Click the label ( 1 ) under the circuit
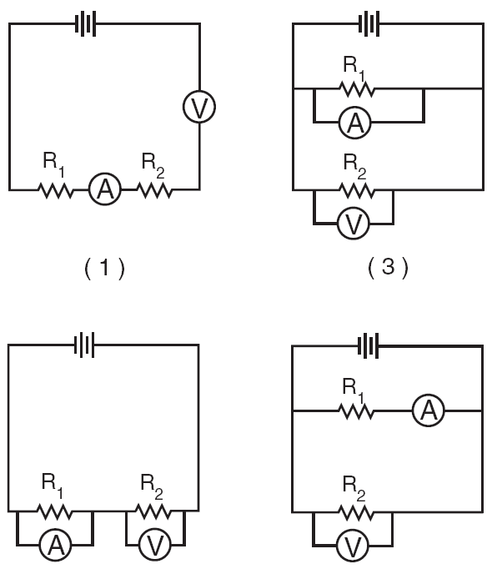click(x=104, y=268)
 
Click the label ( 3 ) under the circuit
click(x=388, y=268)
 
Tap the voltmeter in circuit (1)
click(x=199, y=106)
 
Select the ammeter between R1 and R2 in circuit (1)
click(x=105, y=189)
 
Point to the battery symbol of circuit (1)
click(x=86, y=24)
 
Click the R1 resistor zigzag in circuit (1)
click(x=56, y=189)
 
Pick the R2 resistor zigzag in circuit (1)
click(x=154, y=189)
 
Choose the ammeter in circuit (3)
click(x=355, y=123)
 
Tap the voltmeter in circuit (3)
click(x=354, y=224)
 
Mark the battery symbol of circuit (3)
click(x=369, y=24)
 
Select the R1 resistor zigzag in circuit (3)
click(x=357, y=89)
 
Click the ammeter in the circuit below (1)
click(x=55, y=544)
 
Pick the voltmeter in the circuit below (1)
click(x=155, y=544)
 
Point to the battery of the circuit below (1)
click(x=84, y=345)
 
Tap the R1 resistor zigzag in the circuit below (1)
click(x=54, y=511)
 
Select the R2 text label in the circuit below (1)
click(x=152, y=487)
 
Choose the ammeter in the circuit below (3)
click(x=429, y=410)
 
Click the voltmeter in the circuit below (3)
click(x=353, y=546)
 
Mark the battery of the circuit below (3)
click(x=369, y=345)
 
